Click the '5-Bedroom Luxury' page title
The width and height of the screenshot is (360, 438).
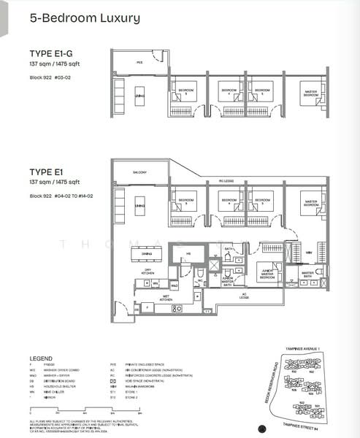(85, 18)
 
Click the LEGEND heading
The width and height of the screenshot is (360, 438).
(40, 358)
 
